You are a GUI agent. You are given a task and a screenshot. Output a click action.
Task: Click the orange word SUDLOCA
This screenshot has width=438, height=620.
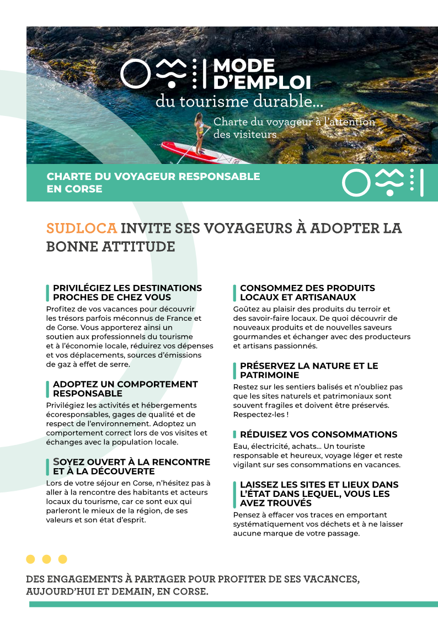[81, 228]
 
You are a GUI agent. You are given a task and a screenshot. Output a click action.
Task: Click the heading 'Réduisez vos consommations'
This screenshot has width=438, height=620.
[318, 434]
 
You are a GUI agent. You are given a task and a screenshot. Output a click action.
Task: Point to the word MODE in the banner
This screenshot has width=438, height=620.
[244, 66]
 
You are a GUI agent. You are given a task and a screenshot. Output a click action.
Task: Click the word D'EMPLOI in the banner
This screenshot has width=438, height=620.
[262, 83]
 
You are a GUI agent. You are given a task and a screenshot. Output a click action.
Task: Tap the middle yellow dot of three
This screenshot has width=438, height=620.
[47, 559]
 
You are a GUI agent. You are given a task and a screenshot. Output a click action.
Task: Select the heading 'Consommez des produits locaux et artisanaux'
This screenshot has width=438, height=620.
[307, 293]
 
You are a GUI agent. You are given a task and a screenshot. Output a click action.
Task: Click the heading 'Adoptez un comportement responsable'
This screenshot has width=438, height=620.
[125, 389]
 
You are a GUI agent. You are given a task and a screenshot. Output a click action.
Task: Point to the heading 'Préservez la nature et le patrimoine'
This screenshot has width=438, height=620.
[309, 370]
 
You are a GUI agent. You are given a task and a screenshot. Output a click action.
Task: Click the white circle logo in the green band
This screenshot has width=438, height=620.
[356, 183]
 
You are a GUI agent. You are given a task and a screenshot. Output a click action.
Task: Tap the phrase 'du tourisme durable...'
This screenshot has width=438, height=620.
[239, 102]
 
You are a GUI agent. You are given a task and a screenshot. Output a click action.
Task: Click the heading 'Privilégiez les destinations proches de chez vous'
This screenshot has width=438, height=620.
[127, 293]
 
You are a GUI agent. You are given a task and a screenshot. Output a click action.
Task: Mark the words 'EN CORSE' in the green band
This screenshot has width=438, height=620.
[74, 189]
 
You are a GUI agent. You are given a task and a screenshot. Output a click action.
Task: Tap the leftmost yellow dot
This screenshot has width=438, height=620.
[31, 559]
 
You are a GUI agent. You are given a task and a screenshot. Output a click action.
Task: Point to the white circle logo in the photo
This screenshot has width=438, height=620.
[135, 73]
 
